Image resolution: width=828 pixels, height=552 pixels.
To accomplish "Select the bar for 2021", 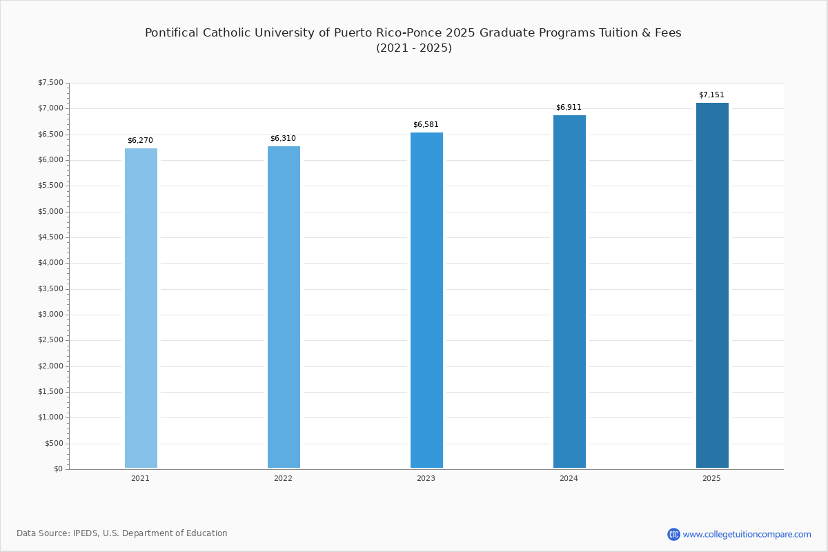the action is [141, 308].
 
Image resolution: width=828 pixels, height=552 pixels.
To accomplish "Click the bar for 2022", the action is [284, 307].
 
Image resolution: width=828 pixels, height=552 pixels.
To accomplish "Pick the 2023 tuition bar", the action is [426, 300].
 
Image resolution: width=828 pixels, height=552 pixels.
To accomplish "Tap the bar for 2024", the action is [569, 291].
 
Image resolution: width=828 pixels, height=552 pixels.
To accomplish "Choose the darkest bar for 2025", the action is [712, 285].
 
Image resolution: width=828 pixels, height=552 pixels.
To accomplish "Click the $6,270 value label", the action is [140, 141].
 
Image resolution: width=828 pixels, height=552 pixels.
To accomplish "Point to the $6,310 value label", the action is [283, 138].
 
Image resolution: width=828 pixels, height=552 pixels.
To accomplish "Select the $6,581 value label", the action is [426, 125].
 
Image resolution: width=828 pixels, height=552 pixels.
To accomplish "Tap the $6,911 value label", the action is [569, 107].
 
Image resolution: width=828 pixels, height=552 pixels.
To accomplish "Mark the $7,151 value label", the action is [711, 95].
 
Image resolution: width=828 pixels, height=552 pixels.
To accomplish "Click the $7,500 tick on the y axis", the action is [50, 82].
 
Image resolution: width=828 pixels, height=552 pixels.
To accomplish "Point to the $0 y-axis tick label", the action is [59, 469].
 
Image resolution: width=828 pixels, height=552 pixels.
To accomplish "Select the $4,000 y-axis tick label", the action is [50, 263].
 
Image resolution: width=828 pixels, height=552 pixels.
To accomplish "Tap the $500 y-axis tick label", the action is [55, 443].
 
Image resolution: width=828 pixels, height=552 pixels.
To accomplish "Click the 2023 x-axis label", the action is [426, 478].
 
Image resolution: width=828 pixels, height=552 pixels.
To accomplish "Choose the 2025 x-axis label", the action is [711, 478].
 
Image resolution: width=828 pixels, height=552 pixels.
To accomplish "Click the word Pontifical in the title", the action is [172, 32].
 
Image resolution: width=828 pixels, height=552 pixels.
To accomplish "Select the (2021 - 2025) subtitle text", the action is [414, 48].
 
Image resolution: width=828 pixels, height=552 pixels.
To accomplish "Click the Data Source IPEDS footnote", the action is [122, 533].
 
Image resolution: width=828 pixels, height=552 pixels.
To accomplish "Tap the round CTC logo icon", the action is [673, 534].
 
